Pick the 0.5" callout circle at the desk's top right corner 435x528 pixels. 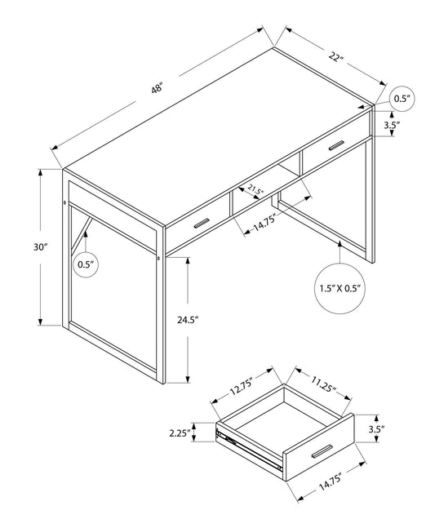click(x=402, y=98)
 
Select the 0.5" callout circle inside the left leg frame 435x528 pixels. click(x=86, y=263)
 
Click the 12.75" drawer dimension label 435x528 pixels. click(x=241, y=384)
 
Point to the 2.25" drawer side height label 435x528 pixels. click(x=180, y=433)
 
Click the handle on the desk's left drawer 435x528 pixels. click(x=200, y=223)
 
